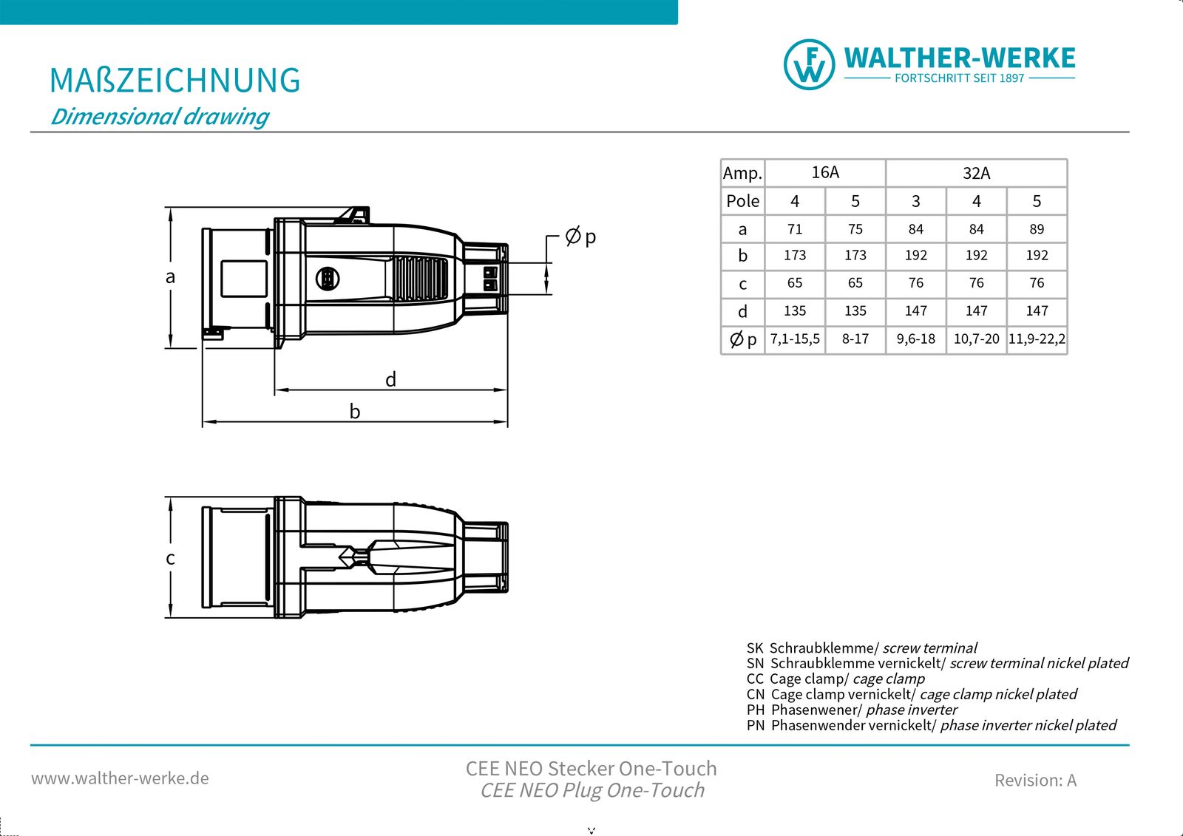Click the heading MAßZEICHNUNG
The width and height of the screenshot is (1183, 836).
point(174,81)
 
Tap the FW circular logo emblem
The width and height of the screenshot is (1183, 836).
point(809,65)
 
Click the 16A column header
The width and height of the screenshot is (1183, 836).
point(825,173)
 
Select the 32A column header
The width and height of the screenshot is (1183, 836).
point(976,174)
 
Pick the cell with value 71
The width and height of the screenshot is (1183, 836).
point(795,229)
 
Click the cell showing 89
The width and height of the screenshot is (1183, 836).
point(1037,229)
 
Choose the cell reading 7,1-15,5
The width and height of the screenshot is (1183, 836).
point(795,339)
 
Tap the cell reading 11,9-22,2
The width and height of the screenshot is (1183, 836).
point(1037,339)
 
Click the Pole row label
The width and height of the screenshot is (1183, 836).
point(742,201)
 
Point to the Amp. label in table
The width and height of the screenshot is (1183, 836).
point(742,174)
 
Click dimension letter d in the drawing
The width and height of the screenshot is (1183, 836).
point(390,380)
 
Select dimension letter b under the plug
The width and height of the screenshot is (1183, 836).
point(355,412)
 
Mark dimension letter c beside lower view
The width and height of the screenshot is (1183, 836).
point(170,558)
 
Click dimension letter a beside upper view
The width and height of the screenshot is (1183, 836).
point(170,277)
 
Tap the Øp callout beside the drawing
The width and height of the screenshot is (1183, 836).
point(580,237)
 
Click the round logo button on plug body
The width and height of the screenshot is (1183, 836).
point(328,279)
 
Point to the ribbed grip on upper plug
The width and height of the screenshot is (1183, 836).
point(420,279)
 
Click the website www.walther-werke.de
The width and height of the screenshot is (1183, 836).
point(120,778)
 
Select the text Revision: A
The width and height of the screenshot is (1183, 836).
point(1035,781)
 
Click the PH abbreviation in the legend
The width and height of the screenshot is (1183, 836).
point(755,710)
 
